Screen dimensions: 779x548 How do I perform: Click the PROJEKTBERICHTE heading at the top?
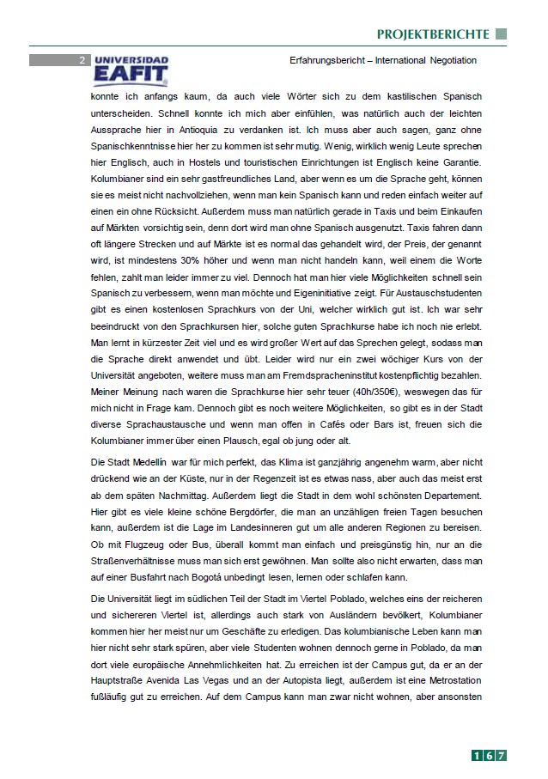point(432,34)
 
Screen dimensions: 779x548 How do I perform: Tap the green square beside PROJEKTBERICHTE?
point(502,34)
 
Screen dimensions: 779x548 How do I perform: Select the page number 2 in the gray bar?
point(81,60)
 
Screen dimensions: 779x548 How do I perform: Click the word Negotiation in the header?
point(447,60)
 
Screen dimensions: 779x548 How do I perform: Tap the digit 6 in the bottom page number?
point(488,755)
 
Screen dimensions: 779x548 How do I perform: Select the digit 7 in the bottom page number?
point(501,755)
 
